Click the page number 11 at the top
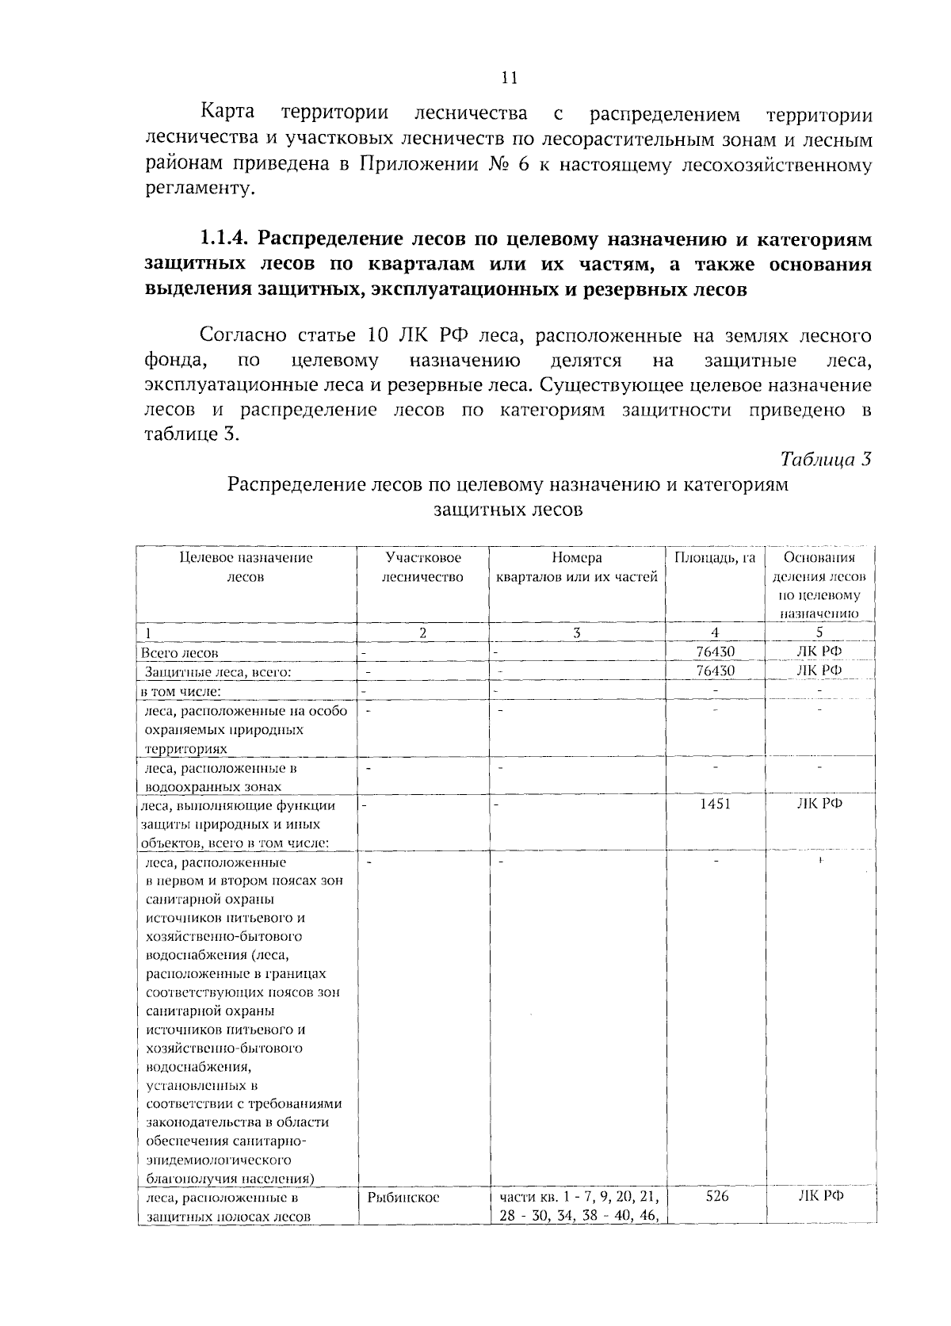(509, 78)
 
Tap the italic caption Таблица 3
(826, 459)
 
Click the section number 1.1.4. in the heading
(225, 239)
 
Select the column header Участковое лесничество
(422, 567)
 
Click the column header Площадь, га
(715, 558)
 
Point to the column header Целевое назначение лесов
(246, 567)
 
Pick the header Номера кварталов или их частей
(576, 567)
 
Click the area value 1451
(715, 804)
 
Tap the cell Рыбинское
(403, 1198)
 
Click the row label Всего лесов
(179, 654)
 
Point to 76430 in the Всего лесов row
(716, 652)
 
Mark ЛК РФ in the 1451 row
(819, 804)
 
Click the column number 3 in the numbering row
(576, 632)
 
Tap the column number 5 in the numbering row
(819, 632)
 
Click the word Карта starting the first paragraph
(227, 112)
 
